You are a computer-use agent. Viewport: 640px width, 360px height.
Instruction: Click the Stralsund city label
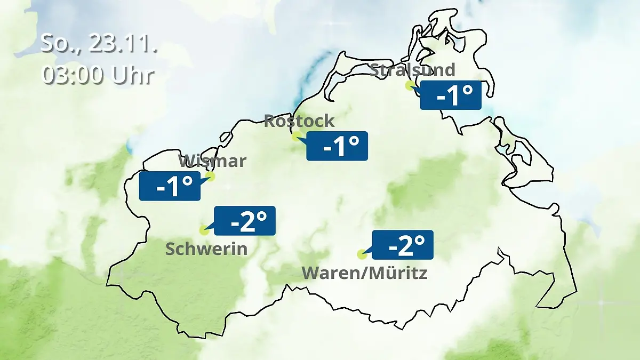(x=412, y=70)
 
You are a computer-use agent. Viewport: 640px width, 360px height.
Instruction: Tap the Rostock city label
(x=299, y=121)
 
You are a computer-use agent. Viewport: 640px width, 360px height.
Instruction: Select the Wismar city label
(x=212, y=161)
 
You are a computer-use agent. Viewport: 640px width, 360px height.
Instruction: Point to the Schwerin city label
(x=206, y=249)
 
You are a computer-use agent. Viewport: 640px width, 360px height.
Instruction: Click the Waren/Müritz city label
(x=365, y=273)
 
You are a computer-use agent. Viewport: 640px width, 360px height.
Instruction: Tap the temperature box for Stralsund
(x=451, y=95)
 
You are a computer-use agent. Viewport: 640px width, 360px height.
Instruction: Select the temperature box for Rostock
(x=338, y=146)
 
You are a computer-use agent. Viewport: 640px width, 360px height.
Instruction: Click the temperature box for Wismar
(x=170, y=186)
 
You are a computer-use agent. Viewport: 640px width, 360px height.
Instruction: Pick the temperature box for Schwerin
(x=245, y=221)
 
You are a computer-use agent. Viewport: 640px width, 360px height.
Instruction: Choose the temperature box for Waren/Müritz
(x=403, y=245)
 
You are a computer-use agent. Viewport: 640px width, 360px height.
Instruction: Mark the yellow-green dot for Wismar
(x=210, y=176)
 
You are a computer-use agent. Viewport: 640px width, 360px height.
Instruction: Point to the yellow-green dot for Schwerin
(x=204, y=230)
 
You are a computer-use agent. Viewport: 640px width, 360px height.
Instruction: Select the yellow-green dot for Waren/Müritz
(x=362, y=254)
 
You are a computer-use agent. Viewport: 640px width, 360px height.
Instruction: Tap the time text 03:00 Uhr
(x=98, y=75)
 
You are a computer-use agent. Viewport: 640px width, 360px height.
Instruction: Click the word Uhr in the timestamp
(x=133, y=75)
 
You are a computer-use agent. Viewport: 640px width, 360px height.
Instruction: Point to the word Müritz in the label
(x=401, y=273)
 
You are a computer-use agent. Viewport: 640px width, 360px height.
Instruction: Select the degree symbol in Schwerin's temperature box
(x=261, y=216)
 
